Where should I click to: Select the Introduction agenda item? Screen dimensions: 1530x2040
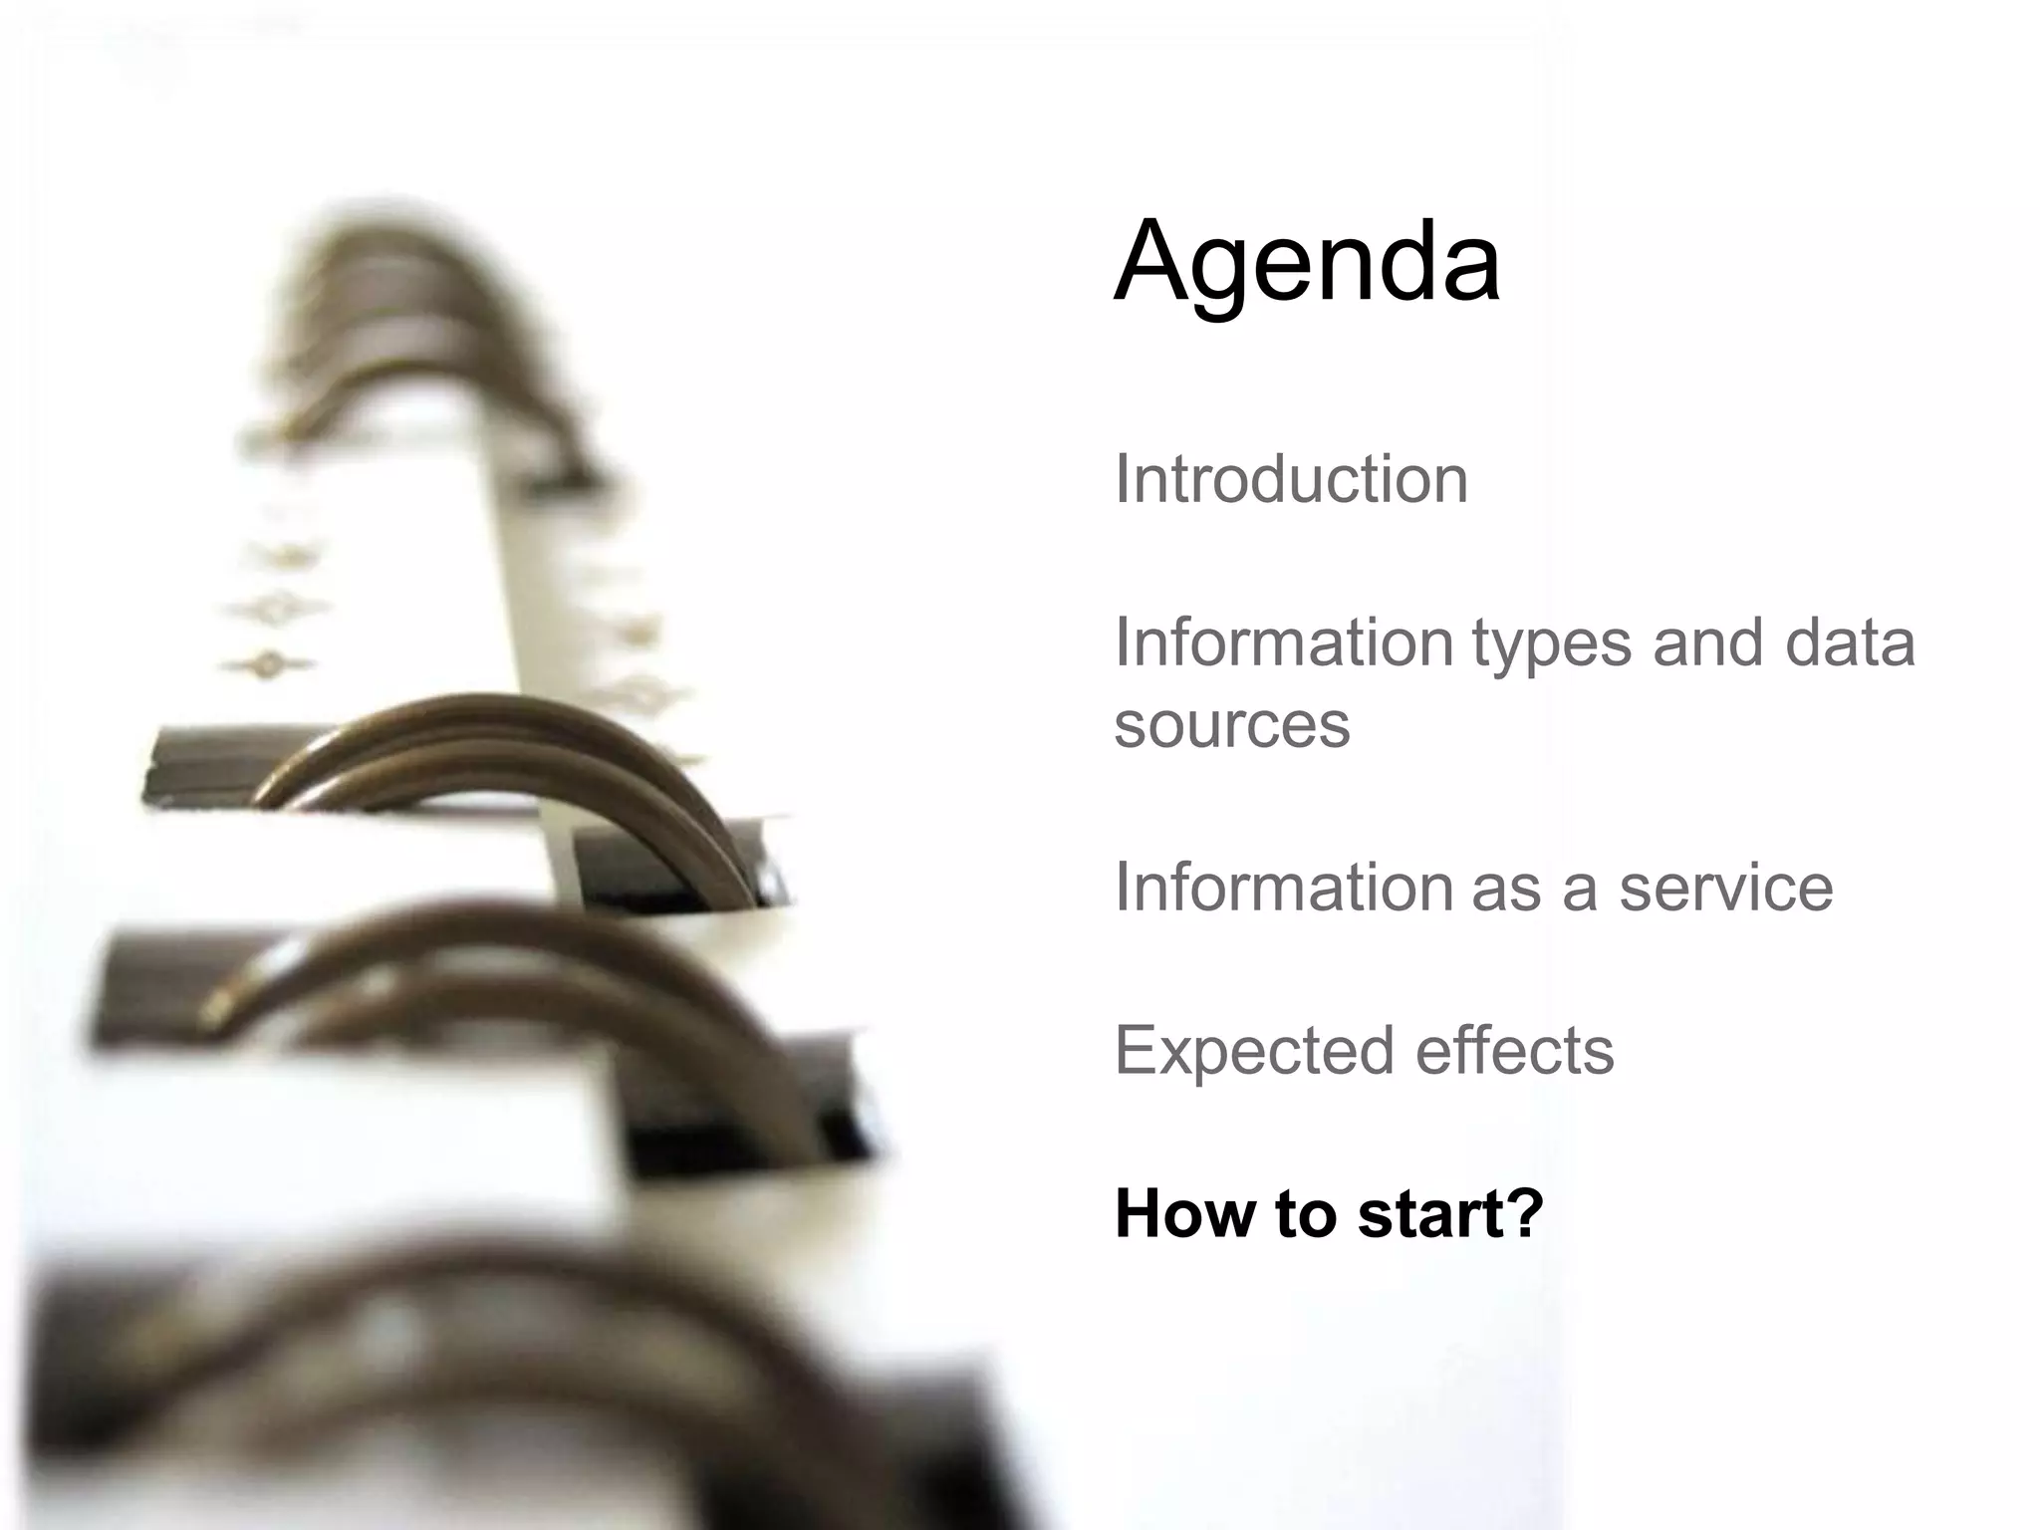[1291, 479]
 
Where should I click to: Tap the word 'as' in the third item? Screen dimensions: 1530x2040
[1505, 889]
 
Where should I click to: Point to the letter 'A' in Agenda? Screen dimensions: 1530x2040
[1153, 261]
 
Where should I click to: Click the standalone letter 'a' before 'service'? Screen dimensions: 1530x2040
[1580, 889]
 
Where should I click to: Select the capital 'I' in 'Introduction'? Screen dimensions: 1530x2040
[1122, 479]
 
